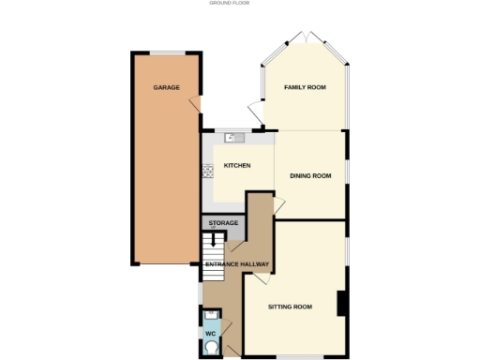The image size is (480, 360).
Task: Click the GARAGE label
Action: click(167, 88)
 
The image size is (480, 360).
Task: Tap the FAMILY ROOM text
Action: click(305, 87)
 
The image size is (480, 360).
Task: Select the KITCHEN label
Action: click(236, 166)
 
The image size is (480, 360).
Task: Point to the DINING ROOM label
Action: click(310, 175)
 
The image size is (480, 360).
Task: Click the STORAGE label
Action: click(223, 223)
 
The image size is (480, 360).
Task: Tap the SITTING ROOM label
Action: click(290, 307)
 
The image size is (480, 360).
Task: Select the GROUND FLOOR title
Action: click(229, 4)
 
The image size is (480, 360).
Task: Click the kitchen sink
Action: click(232, 139)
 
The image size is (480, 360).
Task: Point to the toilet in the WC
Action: click(213, 347)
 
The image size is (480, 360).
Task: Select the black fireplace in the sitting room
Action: click(342, 304)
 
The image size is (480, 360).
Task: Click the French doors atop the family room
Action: click(306, 38)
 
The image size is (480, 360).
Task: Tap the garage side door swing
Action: click(193, 104)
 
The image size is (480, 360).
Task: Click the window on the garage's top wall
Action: click(167, 52)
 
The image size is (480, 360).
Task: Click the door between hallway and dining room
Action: click(278, 207)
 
